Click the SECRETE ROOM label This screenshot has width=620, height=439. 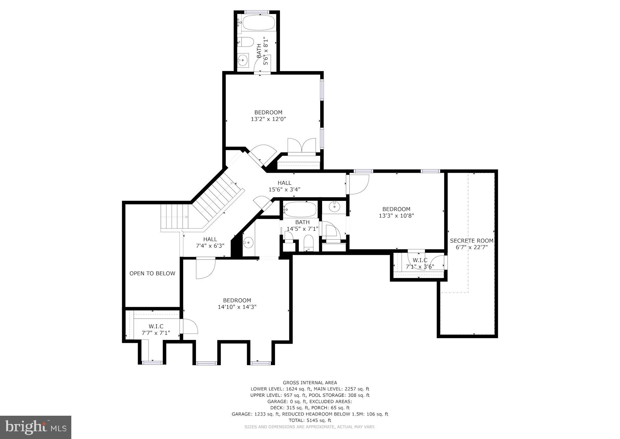[472, 241]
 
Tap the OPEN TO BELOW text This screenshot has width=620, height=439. [152, 274]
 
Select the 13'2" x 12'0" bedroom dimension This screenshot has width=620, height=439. [268, 119]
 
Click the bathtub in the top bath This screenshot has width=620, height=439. [258, 22]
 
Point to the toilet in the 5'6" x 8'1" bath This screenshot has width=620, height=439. [246, 42]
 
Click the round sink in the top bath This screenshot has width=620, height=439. [243, 60]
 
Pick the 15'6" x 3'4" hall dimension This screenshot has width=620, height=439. [284, 189]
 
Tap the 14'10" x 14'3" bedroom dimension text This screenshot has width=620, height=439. [237, 307]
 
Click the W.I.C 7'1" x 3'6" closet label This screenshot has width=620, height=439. [420, 263]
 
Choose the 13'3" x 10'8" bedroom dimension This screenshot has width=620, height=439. [396, 215]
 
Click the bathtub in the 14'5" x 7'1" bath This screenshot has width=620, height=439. [300, 210]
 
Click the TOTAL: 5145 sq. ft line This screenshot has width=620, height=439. [310, 420]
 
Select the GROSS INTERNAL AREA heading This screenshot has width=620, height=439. [310, 382]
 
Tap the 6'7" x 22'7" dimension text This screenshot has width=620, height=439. [472, 247]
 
